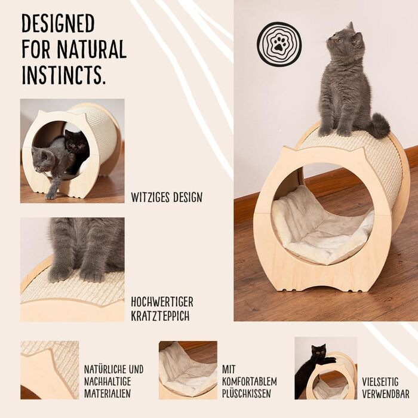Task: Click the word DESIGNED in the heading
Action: [x=58, y=23]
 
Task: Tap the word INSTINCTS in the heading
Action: [x=63, y=75]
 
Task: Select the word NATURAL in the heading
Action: [x=91, y=49]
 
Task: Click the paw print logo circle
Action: [x=279, y=44]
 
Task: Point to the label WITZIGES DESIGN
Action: [x=167, y=197]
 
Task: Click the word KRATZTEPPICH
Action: [x=160, y=315]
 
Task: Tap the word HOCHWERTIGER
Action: [x=162, y=302]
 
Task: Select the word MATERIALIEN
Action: [x=107, y=394]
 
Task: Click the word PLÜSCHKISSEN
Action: [x=247, y=394]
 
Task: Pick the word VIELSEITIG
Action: [x=380, y=382]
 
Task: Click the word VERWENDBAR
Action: [x=386, y=394]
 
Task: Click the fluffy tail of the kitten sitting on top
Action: [x=380, y=125]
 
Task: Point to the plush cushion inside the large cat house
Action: [x=322, y=226]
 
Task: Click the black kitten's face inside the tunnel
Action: [x=75, y=143]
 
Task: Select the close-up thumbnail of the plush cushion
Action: [x=188, y=370]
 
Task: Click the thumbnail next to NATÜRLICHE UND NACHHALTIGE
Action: [x=50, y=370]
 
